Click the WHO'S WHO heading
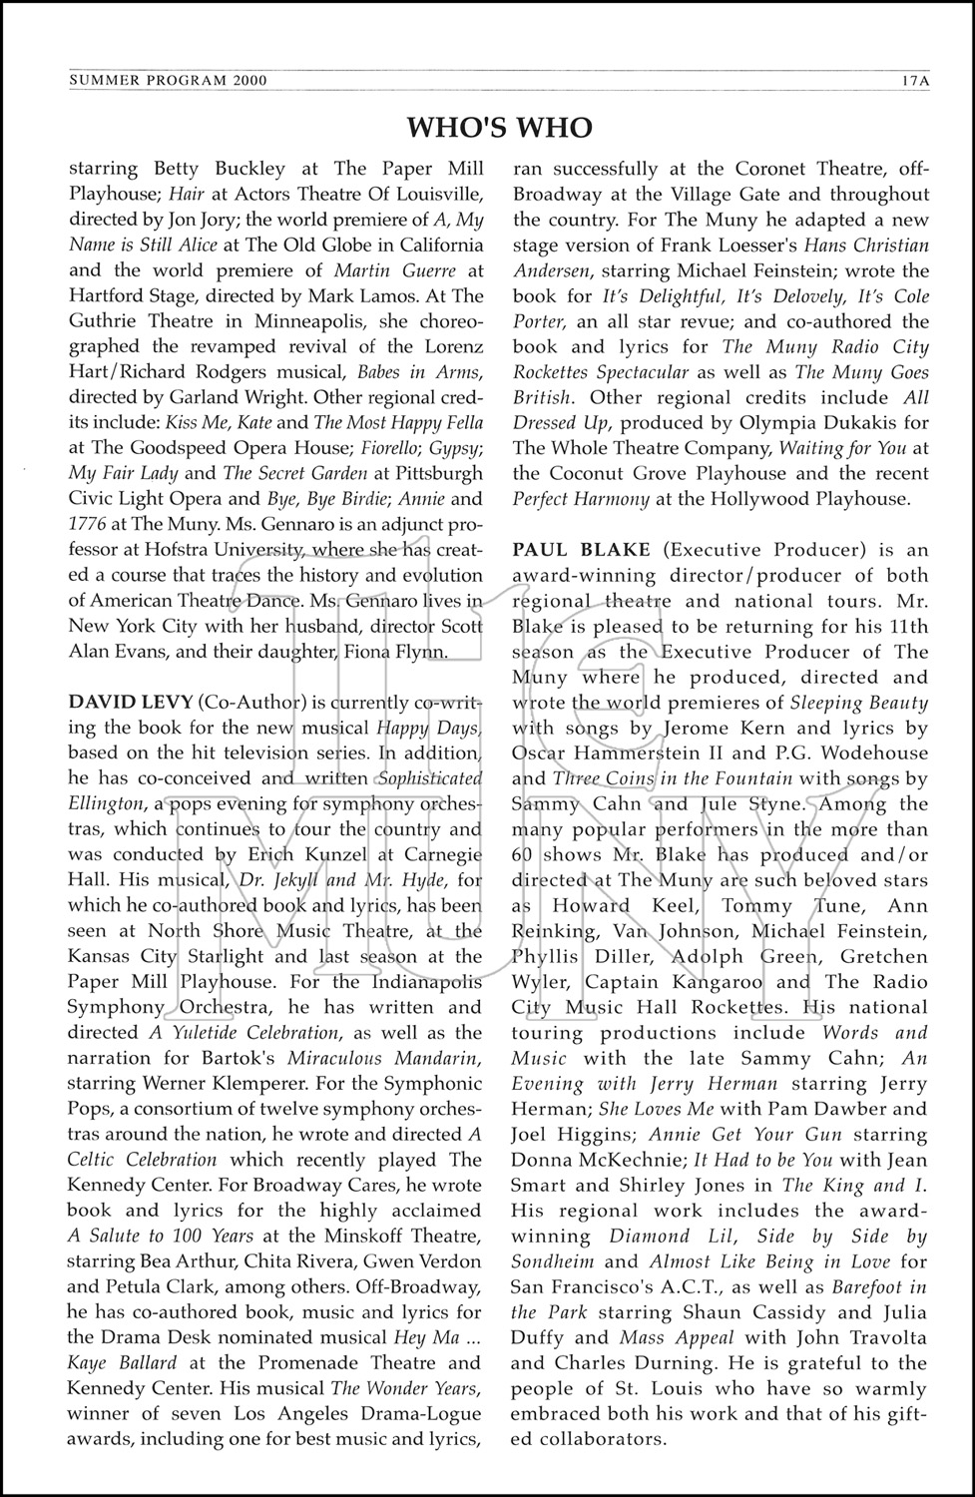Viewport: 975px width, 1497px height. point(500,128)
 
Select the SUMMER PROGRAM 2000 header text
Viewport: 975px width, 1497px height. point(168,81)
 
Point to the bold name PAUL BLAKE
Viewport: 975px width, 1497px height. point(581,550)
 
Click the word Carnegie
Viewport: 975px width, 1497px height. point(437,854)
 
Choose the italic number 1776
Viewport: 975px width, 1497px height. point(89,525)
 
